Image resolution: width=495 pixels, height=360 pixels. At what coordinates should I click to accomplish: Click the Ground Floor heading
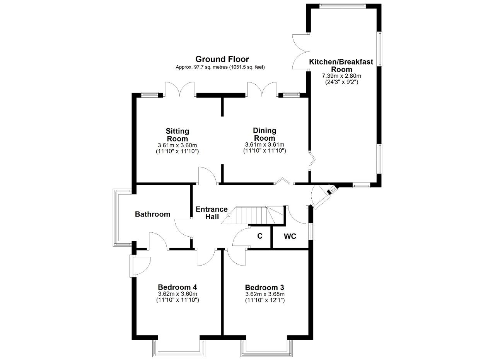[x=222, y=59]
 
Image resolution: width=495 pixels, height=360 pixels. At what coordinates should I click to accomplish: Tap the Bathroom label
[x=152, y=214]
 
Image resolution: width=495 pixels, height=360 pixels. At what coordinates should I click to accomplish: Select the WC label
[x=290, y=236]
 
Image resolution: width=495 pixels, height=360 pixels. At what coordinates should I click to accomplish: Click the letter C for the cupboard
[x=260, y=236]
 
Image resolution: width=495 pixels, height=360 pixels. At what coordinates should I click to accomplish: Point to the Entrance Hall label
[x=212, y=213]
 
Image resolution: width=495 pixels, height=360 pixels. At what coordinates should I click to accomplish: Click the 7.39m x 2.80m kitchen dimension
[x=341, y=76]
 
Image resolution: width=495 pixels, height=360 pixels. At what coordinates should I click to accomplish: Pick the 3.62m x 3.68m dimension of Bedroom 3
[x=265, y=294]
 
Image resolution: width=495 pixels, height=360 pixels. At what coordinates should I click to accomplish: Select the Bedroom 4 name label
[x=178, y=287]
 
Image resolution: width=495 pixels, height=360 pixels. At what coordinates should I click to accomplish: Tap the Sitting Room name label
[x=178, y=135]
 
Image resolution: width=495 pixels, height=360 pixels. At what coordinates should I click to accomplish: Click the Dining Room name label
[x=265, y=134]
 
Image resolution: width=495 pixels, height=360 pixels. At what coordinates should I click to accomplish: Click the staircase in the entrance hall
[x=253, y=215]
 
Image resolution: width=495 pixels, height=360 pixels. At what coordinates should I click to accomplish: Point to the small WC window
[x=312, y=231]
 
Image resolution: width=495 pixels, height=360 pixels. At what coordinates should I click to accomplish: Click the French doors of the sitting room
[x=180, y=89]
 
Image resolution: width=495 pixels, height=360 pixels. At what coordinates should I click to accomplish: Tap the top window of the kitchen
[x=343, y=6]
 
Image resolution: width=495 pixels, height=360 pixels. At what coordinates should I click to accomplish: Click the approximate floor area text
[x=220, y=67]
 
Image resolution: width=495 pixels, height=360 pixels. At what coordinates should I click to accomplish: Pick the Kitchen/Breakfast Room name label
[x=341, y=65]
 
